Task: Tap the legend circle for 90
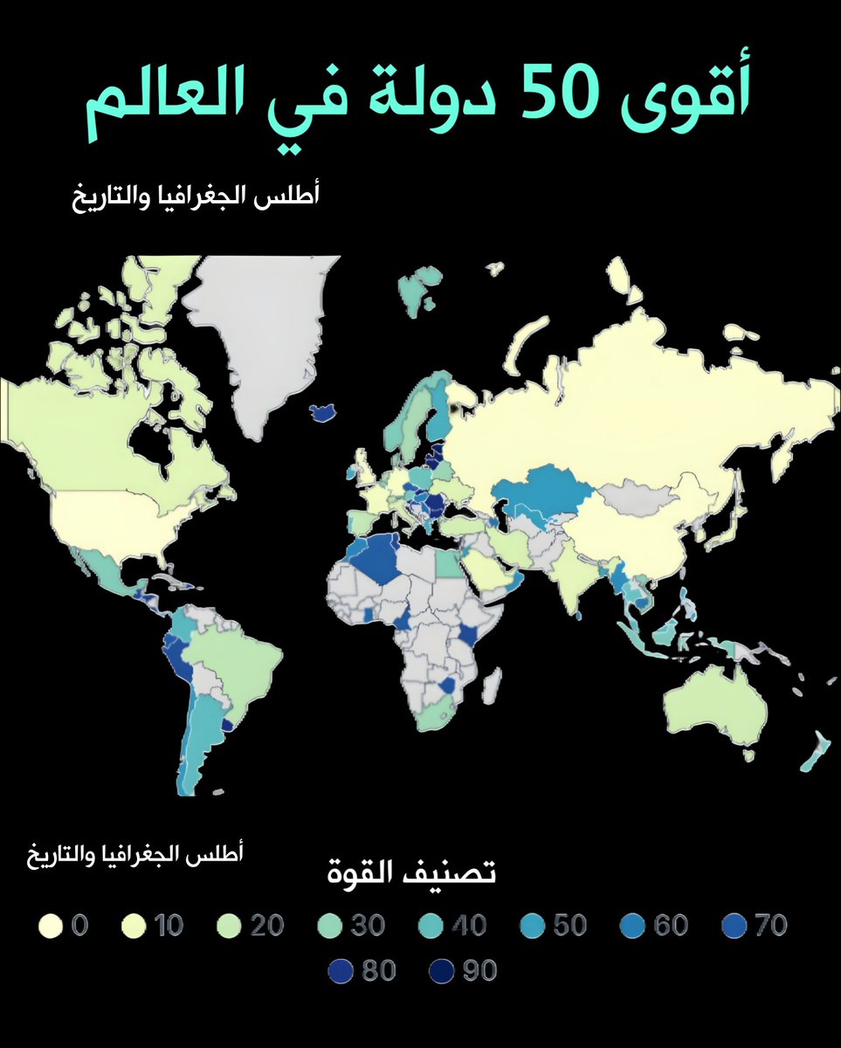pyautogui.click(x=443, y=969)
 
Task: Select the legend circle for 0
pyautogui.click(x=50, y=924)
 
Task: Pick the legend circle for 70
pyautogui.click(x=735, y=924)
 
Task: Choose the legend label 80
pyautogui.click(x=379, y=969)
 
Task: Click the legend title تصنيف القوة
pyautogui.click(x=411, y=872)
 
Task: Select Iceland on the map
pyautogui.click(x=325, y=410)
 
